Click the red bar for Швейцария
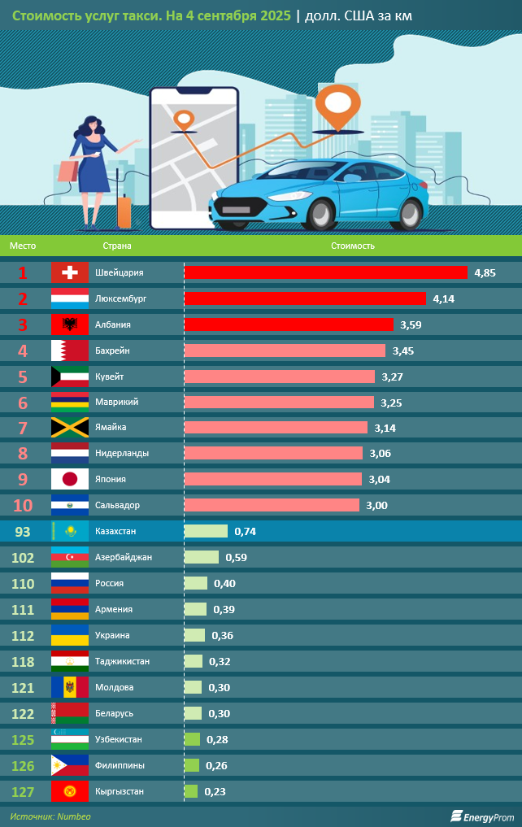[x=326, y=272]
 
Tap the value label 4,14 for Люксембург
[x=443, y=299]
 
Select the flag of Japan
[x=70, y=480]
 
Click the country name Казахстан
[x=115, y=531]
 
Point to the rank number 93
[x=24, y=531]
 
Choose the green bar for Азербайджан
[x=202, y=557]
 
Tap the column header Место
[x=23, y=245]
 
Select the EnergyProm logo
[x=482, y=816]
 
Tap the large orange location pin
[x=337, y=105]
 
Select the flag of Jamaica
[x=70, y=428]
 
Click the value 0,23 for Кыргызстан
[x=215, y=791]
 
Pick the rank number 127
[x=24, y=791]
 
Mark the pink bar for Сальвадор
[x=272, y=505]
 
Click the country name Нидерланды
[x=122, y=453]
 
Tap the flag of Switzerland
[x=70, y=272]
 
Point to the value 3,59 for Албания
[x=411, y=324]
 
